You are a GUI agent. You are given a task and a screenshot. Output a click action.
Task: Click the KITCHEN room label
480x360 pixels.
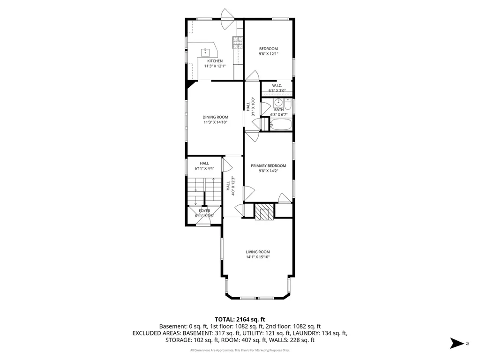tap(215, 61)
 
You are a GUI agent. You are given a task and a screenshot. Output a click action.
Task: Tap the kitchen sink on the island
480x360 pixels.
tap(205, 52)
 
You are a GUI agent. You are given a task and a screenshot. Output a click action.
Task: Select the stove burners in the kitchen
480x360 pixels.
tap(238, 43)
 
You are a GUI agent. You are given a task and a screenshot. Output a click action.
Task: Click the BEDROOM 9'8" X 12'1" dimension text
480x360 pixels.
tap(269, 53)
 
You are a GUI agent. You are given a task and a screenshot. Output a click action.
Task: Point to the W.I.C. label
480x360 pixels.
tap(277, 85)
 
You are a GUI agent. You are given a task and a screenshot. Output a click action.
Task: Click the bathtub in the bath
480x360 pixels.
tap(280, 125)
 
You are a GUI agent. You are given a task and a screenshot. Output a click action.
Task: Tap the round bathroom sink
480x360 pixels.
tap(278, 102)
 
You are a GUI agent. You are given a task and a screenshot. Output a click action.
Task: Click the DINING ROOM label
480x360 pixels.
tap(215, 117)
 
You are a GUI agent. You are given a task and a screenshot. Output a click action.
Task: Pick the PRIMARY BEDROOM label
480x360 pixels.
tap(269, 165)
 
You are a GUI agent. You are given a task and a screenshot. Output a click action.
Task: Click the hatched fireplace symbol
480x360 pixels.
tap(264, 211)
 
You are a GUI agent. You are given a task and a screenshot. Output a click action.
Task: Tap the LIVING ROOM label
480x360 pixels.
tap(258, 252)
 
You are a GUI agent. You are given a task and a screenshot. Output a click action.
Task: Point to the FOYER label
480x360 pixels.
tap(204, 210)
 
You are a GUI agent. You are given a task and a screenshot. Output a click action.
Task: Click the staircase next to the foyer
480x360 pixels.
tap(204, 191)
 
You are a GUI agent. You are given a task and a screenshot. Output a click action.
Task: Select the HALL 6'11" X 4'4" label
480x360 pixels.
tap(204, 165)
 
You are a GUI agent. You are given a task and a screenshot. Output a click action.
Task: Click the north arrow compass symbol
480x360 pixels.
tap(457, 343)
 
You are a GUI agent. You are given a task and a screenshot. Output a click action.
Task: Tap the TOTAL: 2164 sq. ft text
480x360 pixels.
tap(240, 320)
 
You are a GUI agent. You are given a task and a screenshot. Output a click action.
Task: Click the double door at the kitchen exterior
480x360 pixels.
tap(228, 19)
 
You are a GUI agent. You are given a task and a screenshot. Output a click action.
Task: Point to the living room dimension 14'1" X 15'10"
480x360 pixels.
tap(258, 257)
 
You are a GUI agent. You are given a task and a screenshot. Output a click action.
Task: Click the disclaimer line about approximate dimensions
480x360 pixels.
tap(240, 350)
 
